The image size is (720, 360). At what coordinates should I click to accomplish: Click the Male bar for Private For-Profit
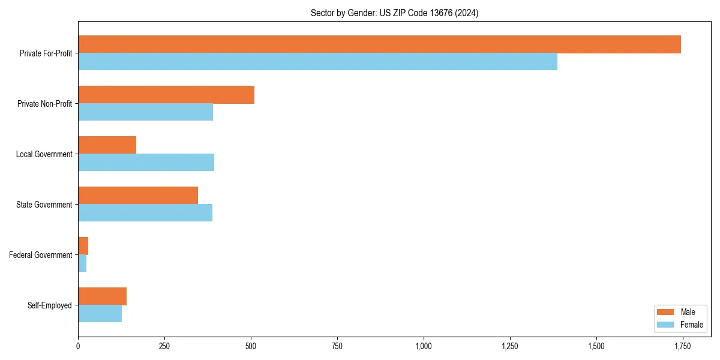click(x=379, y=44)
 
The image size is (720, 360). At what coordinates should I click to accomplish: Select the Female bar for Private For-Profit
click(x=317, y=62)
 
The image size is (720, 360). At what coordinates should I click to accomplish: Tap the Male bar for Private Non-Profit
click(x=166, y=95)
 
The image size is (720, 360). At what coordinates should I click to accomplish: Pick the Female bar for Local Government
click(x=146, y=163)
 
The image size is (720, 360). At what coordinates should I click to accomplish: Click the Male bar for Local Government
click(x=107, y=145)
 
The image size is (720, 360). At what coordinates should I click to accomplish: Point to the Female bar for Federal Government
click(x=82, y=263)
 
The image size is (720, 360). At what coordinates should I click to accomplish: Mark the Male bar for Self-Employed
click(x=102, y=296)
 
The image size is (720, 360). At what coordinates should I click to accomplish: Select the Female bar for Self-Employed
click(x=100, y=314)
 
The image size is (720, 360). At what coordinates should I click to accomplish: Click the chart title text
click(x=394, y=13)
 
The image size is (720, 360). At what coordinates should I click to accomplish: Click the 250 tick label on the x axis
click(x=164, y=346)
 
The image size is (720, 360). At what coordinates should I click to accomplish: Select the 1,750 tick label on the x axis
click(x=683, y=346)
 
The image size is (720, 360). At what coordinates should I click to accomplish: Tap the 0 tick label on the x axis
click(x=78, y=346)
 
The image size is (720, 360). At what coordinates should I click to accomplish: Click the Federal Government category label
click(x=40, y=255)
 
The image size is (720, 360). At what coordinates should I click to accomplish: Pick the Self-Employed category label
click(x=49, y=305)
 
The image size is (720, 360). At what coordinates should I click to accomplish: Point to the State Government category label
click(x=44, y=205)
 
